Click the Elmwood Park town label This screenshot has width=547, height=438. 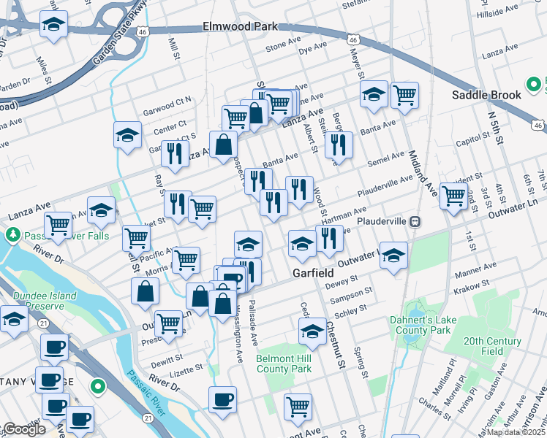coord(241,27)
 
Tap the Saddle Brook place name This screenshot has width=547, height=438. coord(486,95)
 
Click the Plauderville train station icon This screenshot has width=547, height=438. coord(414,220)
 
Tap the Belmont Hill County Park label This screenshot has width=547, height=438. coord(284,364)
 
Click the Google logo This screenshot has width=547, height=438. coord(24,429)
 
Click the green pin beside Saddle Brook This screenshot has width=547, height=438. coord(535,84)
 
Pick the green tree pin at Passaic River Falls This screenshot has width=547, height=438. coord(12,235)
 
